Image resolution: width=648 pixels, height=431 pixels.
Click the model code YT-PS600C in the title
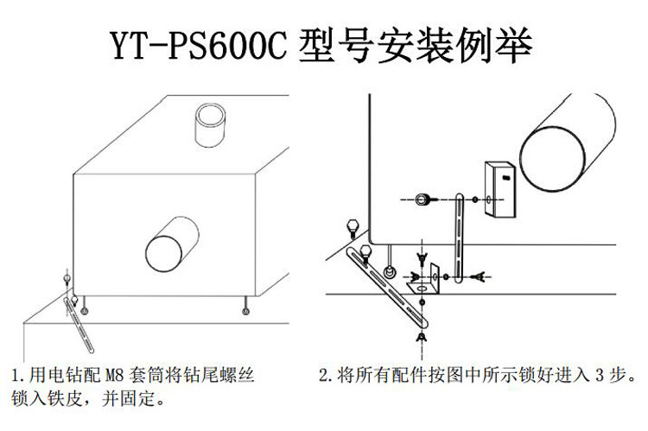click(198, 46)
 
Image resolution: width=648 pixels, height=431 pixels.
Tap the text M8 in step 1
click(114, 375)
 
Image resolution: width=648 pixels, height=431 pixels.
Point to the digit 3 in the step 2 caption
click(599, 375)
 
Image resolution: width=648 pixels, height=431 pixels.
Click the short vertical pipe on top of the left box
click(210, 124)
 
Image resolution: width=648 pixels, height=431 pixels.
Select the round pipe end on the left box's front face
click(163, 253)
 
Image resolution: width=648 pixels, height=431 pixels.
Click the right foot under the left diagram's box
click(245, 307)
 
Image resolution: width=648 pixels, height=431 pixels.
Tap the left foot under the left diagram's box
click(85, 307)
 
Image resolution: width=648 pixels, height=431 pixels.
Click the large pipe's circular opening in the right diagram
click(552, 159)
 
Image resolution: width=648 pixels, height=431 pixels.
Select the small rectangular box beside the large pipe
click(500, 189)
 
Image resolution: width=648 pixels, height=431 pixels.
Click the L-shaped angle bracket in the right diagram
click(425, 281)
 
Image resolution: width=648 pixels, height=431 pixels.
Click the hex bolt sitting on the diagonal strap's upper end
click(365, 254)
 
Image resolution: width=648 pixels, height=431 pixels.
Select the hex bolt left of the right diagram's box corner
click(353, 229)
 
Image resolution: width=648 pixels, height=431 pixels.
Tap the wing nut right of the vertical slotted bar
click(479, 276)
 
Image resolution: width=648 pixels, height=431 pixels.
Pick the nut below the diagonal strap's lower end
click(422, 337)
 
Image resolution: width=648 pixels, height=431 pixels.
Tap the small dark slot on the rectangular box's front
click(505, 178)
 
